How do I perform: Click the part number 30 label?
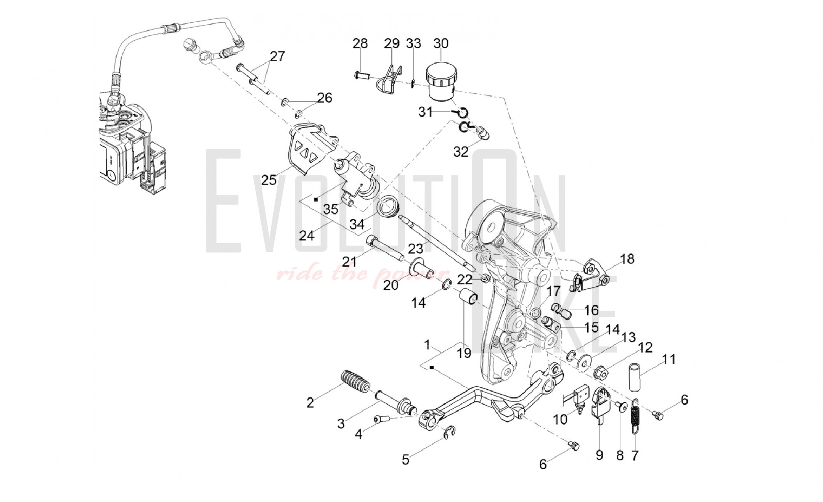coord(441,43)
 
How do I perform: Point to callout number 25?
coord(269,180)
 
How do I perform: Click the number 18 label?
coord(627,259)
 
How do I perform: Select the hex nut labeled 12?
coord(601,373)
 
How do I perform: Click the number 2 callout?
coord(310,402)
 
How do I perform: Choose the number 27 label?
coord(277,56)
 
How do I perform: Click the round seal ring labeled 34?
coord(388,207)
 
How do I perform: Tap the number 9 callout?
coord(599,455)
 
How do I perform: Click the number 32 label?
coord(461,151)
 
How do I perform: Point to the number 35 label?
coord(330,209)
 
